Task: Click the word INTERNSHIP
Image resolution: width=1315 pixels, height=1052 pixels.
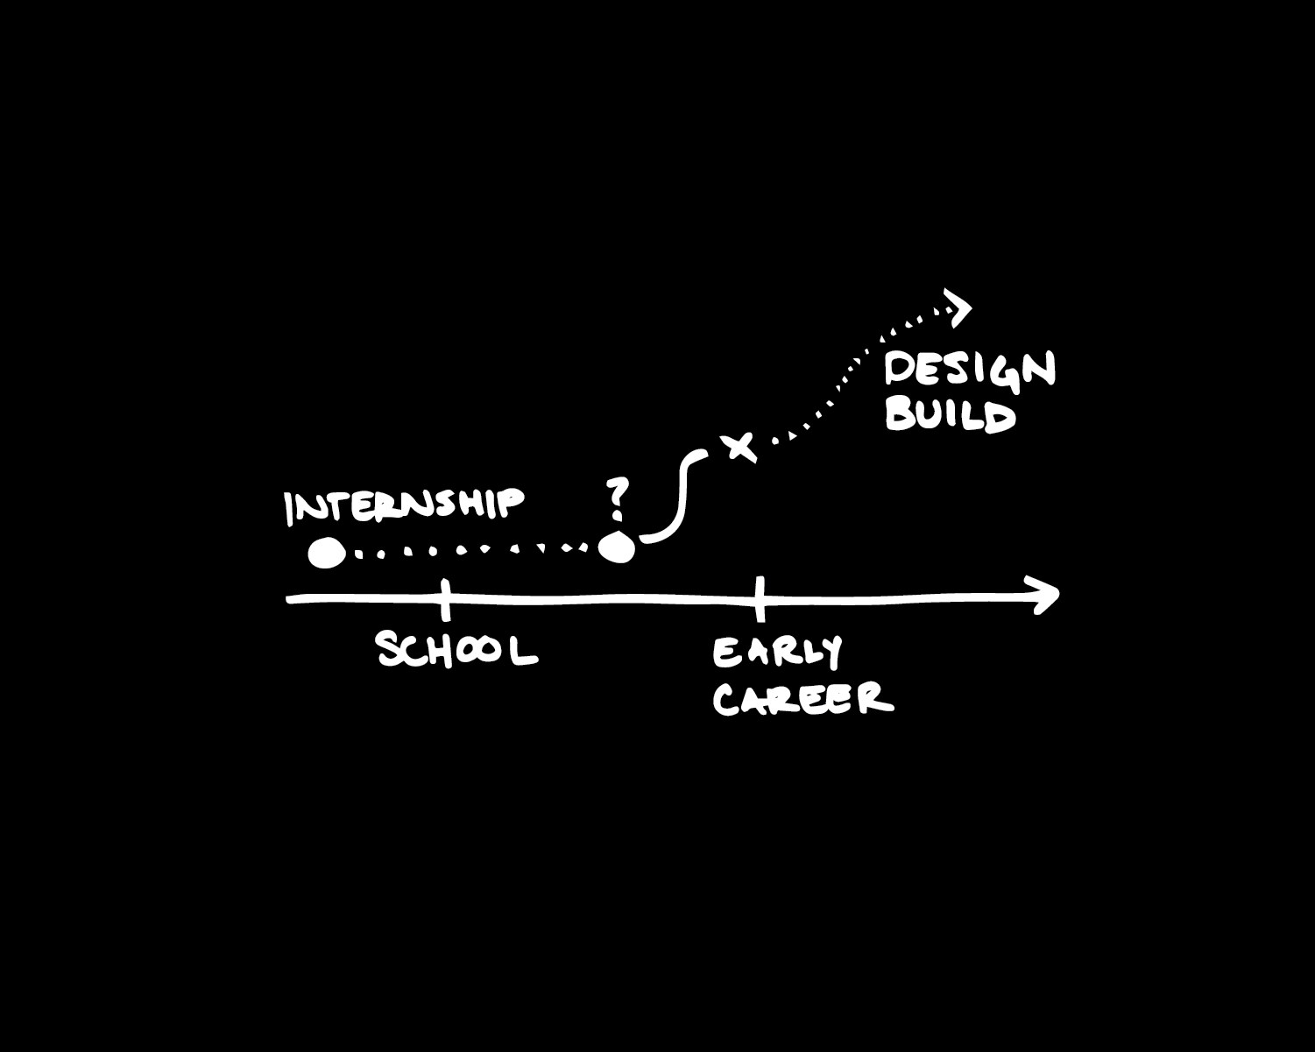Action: pos(405,505)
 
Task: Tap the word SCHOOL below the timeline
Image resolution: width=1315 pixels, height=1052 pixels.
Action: pos(456,649)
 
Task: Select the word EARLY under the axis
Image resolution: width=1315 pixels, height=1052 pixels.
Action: pos(777,653)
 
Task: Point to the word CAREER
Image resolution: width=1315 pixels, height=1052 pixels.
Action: pos(802,699)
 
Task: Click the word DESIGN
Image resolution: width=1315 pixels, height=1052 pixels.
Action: pos(970,370)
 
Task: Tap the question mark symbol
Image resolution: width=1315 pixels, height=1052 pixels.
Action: pos(619,498)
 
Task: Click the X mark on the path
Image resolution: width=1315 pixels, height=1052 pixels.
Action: pos(740,446)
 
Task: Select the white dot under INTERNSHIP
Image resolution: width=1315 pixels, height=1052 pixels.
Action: pos(326,553)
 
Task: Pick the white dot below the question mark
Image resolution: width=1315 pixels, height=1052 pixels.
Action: pos(617,549)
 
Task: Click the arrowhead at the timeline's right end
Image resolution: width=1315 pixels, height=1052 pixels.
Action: pos(1048,596)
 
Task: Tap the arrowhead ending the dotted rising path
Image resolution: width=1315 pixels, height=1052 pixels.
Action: pos(960,308)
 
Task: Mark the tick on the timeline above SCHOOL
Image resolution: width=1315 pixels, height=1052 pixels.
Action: pos(446,598)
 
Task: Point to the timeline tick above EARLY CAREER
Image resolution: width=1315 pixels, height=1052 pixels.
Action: pos(760,598)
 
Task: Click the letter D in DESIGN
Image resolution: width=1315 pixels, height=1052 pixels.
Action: pos(900,369)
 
